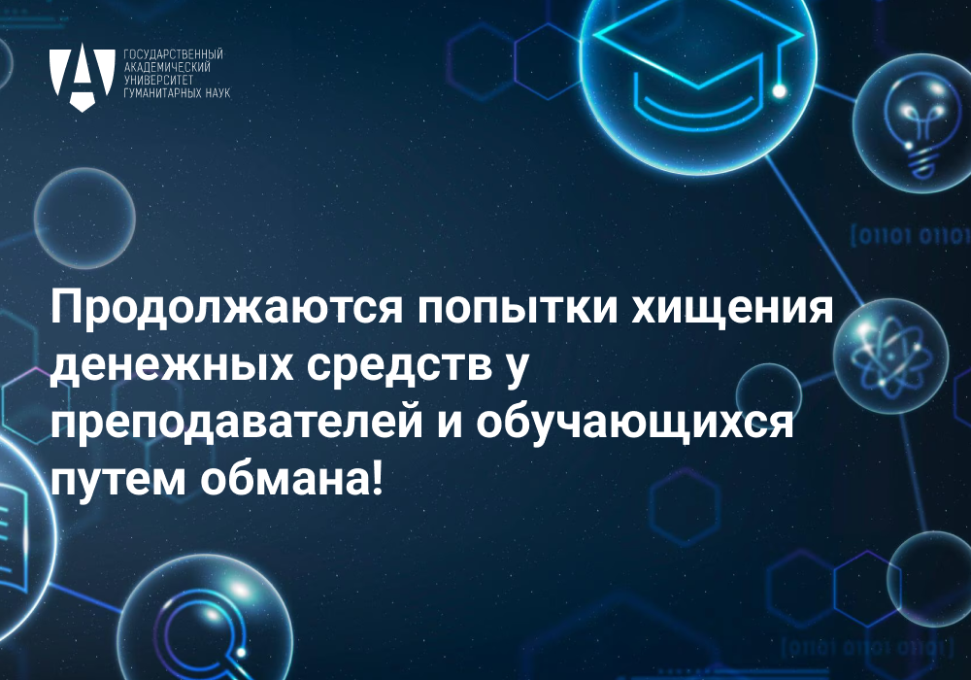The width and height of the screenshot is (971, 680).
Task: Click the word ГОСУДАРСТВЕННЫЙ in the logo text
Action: [x=174, y=55]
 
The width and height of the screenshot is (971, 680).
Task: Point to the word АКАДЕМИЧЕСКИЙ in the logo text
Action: [x=167, y=67]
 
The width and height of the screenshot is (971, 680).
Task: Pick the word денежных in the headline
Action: [x=173, y=366]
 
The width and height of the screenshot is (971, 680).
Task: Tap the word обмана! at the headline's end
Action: [x=292, y=479]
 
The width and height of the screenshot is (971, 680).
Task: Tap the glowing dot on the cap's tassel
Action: [x=779, y=91]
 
